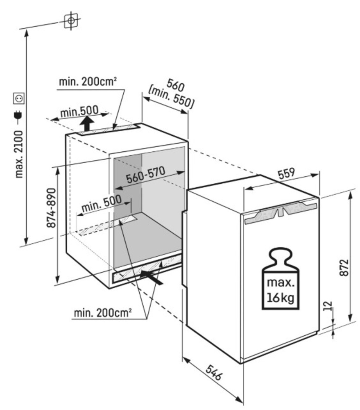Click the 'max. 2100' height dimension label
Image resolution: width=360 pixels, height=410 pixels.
coord(19,155)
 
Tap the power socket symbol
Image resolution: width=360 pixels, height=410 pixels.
coord(19,98)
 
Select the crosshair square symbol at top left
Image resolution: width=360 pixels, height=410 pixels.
coord(71,20)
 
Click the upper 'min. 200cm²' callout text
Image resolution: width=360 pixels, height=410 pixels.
coord(88,82)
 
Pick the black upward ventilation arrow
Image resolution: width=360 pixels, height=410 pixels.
coord(87,124)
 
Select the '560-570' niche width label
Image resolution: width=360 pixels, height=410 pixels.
coord(145,175)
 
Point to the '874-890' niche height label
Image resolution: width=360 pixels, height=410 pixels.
coord(52,208)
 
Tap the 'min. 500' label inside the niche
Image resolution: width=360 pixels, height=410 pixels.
coord(101,203)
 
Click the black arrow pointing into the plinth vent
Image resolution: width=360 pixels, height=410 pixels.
coord(152,277)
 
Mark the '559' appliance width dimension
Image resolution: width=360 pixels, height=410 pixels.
coord(286,173)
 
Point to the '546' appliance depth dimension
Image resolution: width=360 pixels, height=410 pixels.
coord(214,372)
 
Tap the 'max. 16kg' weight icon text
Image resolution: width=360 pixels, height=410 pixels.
coord(281,290)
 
